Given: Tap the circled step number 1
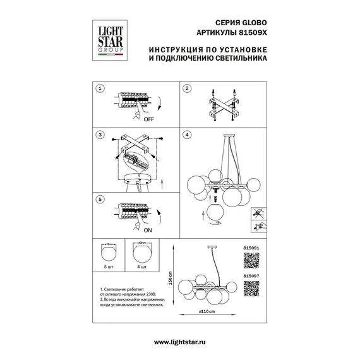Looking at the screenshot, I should pos(98,88).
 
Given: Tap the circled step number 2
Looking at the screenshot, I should pos(187,88).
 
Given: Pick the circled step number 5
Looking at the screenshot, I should pos(98,199).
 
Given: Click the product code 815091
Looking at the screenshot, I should pos(251,241).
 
